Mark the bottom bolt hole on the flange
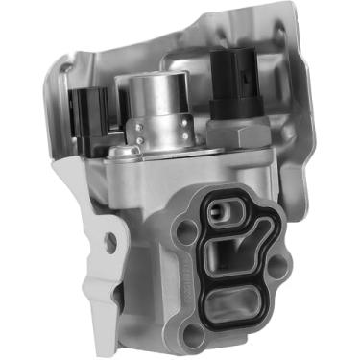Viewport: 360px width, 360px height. [193, 334]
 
